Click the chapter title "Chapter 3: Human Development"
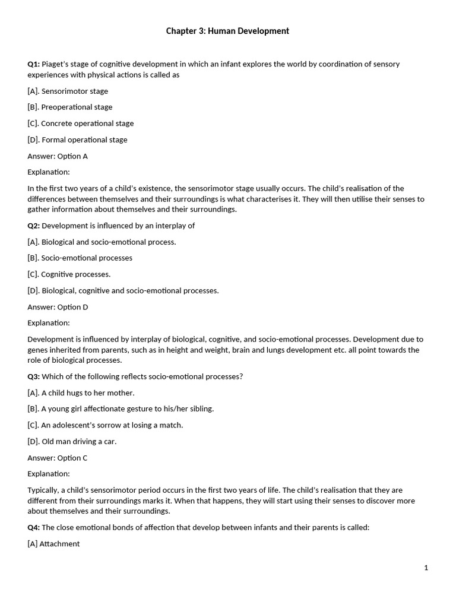click(227, 31)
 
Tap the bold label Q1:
click(33, 64)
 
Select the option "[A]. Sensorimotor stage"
click(68, 91)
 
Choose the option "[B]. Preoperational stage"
click(70, 107)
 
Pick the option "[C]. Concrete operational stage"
click(81, 123)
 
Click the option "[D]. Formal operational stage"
click(77, 140)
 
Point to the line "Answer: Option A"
click(58, 156)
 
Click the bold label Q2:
click(33, 226)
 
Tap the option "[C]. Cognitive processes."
click(69, 274)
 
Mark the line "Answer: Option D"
click(58, 307)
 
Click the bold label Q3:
click(33, 376)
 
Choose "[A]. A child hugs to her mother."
click(81, 393)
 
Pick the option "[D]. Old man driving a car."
click(72, 442)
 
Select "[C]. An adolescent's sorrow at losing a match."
click(105, 425)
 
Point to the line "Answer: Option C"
click(58, 458)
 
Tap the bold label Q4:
click(33, 527)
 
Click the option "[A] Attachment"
click(53, 544)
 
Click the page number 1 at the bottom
click(426, 568)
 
